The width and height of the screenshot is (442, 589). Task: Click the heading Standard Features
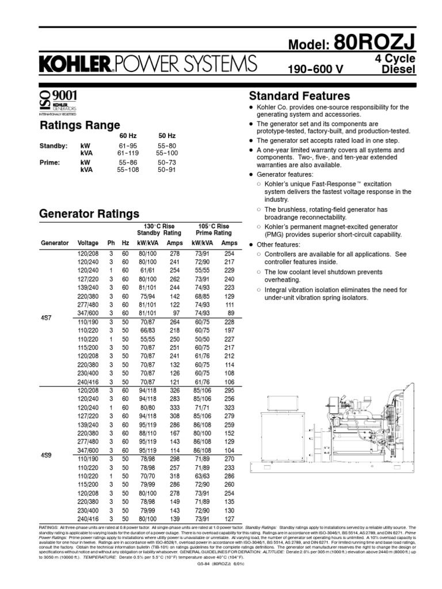[x=299, y=95]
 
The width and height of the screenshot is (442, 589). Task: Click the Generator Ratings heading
[x=89, y=214]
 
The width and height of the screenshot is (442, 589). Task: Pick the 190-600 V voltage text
[x=315, y=70]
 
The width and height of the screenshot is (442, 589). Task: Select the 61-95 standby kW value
[x=127, y=147]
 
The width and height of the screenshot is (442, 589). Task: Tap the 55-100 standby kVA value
[x=166, y=154]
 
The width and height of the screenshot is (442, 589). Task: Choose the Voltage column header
[x=88, y=243]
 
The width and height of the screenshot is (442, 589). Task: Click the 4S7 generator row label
[x=47, y=317]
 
